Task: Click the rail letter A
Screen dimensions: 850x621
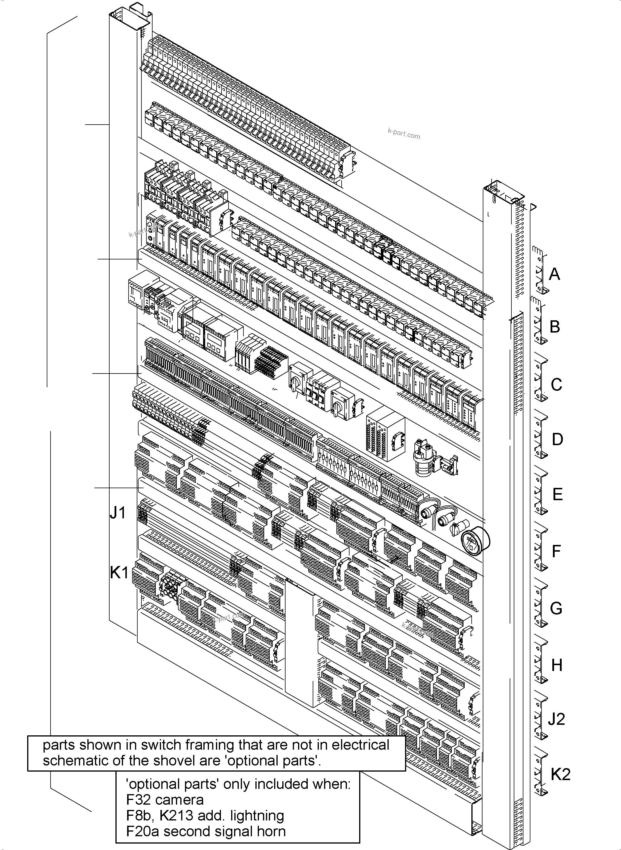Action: [554, 274]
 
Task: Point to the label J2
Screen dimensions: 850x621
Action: [556, 719]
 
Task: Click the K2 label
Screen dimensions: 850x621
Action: [561, 774]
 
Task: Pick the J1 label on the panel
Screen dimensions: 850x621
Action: [118, 513]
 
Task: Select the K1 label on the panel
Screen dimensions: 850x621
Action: [119, 573]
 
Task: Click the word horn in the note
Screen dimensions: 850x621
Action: [270, 831]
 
